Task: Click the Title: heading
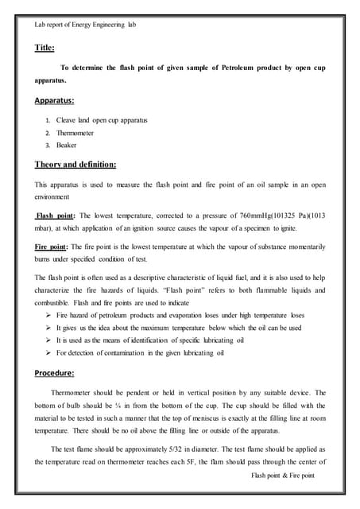45,48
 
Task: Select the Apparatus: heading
55,102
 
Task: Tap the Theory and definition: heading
75,165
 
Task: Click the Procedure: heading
55,372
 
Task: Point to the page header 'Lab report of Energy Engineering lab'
79,25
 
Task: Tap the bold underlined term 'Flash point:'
56,216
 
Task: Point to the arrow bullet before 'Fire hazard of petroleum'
48,315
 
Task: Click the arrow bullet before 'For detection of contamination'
48,352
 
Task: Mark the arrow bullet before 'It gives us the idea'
48,327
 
